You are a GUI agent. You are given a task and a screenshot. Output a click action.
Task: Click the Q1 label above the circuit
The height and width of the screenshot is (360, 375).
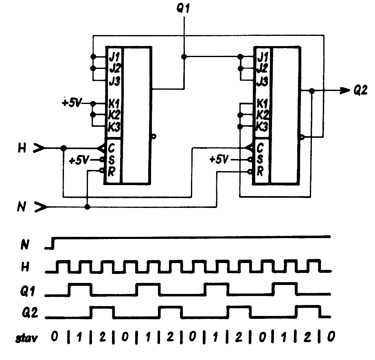(184, 9)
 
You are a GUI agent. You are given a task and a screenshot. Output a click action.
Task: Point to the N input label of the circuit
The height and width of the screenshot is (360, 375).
(23, 208)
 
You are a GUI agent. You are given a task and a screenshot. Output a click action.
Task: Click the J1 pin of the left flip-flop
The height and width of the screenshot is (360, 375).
(113, 55)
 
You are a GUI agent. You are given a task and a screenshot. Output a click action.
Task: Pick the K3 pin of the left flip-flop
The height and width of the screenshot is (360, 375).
(113, 126)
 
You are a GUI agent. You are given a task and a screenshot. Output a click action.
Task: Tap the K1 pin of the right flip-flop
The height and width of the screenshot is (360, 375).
(262, 103)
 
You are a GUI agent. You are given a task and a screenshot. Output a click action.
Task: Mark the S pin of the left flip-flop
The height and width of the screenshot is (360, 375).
(112, 159)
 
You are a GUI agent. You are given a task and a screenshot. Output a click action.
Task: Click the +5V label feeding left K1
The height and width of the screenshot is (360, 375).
(72, 102)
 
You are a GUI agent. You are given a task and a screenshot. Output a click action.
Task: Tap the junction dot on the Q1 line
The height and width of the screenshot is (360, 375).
(184, 56)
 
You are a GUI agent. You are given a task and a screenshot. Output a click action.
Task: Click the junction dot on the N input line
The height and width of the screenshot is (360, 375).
(87, 207)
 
